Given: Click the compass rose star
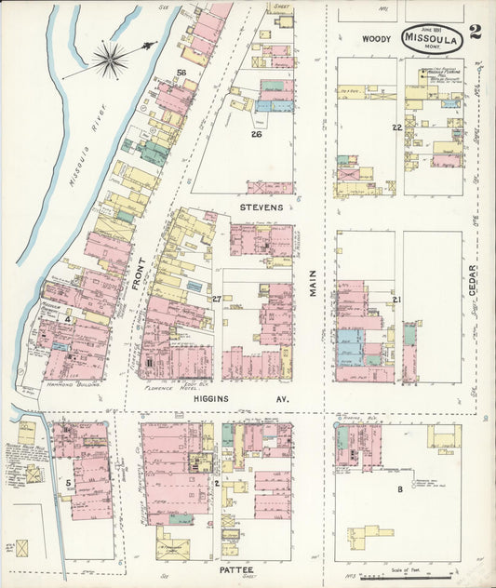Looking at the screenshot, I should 111,60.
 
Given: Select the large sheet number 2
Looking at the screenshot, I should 476,34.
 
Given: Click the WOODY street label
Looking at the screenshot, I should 376,38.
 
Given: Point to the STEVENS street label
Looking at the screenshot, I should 260,207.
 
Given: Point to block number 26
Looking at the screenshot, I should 254,133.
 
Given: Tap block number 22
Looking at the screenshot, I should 397,127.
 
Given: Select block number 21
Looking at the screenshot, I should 396,300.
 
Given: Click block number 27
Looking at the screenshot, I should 217,299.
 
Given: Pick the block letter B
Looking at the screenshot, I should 400,488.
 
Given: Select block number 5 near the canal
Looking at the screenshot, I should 68,483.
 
